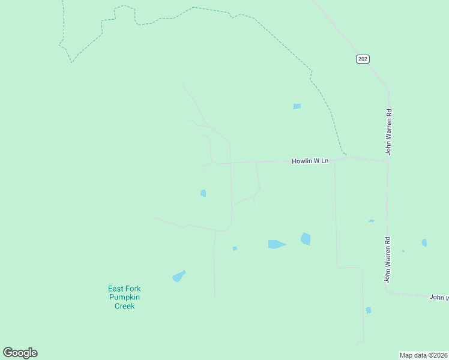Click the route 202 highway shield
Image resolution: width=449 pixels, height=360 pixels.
[362, 59]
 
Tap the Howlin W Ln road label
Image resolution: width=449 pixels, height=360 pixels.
[310, 161]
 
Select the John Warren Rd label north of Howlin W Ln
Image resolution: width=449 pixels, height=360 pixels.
[389, 131]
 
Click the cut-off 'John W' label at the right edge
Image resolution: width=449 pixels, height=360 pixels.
[439, 297]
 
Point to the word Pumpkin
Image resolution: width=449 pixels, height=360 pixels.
[125, 297]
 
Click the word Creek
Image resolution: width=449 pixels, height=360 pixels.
[125, 306]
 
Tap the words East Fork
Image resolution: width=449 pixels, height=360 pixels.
[125, 289]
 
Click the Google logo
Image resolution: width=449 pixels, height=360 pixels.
[20, 353]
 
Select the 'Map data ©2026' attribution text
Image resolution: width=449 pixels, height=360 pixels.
[423, 355]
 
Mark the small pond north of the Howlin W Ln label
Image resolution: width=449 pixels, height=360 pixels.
[297, 106]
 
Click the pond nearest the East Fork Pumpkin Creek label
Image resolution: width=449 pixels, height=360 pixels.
[178, 276]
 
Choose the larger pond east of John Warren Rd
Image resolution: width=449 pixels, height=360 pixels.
[424, 242]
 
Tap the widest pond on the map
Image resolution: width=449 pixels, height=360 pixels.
[276, 244]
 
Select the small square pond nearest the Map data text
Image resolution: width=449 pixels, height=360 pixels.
[368, 310]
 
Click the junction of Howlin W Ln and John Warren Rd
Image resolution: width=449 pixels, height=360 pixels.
[388, 161]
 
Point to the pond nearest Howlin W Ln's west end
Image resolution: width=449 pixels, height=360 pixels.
[203, 193]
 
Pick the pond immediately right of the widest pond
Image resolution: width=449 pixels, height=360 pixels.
[306, 239]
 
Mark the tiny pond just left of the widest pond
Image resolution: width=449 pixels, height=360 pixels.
[235, 248]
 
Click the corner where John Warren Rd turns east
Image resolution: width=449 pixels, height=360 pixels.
[387, 292]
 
